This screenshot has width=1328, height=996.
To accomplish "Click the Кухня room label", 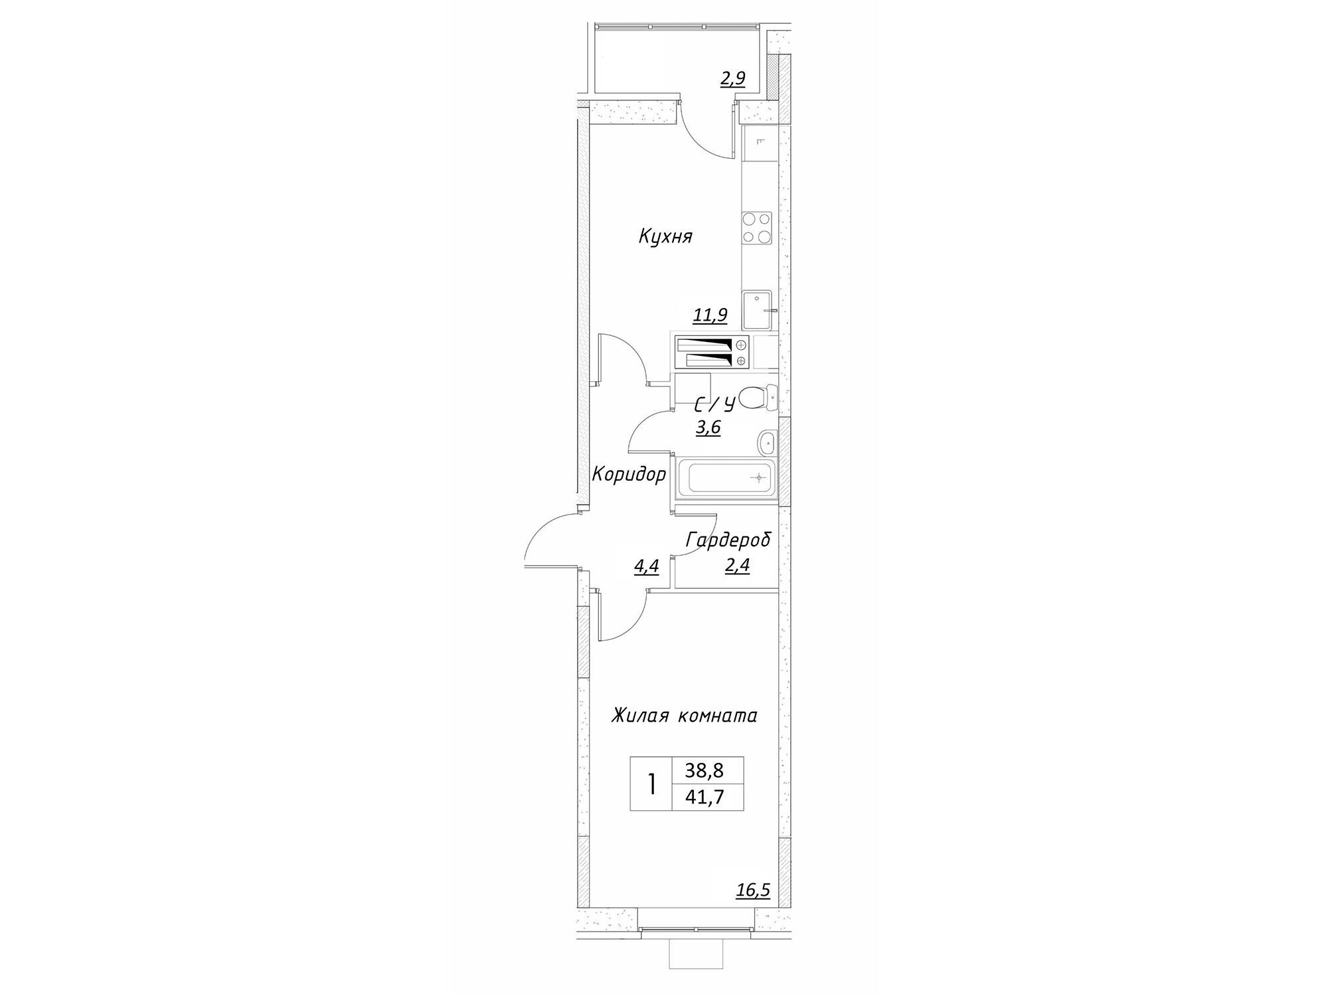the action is (x=665, y=237).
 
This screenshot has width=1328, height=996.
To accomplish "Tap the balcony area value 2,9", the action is (x=733, y=79).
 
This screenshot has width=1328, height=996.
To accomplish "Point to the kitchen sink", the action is (x=757, y=310).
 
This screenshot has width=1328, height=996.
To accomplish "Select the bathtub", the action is (x=724, y=478).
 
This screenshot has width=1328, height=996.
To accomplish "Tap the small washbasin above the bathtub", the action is (x=768, y=440).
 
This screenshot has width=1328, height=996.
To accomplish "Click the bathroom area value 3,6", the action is (x=708, y=428).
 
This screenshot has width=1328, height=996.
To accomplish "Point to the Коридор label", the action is (x=628, y=475).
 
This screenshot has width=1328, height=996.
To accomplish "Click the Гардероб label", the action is (x=728, y=540).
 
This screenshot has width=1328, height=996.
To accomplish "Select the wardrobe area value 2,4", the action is (x=737, y=566).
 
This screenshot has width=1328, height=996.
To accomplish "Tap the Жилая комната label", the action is (x=684, y=716).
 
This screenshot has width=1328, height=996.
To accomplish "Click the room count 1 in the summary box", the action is (x=652, y=784).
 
